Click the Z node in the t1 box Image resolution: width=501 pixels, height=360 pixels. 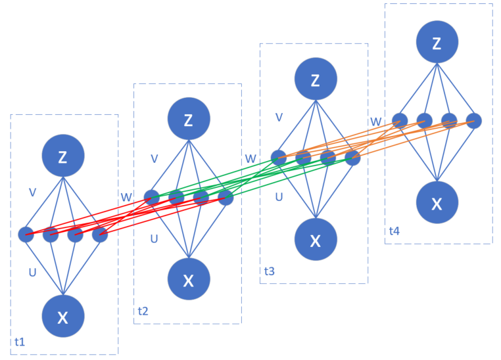tap(63, 157)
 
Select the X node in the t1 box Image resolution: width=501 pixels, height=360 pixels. tap(63, 317)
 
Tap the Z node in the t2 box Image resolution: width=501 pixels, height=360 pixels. tap(189, 120)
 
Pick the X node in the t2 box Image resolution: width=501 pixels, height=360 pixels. tap(189, 281)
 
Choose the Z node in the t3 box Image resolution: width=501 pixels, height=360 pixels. tap(316, 81)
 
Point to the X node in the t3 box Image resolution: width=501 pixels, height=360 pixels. tap(316, 240)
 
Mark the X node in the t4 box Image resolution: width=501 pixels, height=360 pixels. tap(437, 203)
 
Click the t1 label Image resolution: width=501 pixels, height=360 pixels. tap(20, 342)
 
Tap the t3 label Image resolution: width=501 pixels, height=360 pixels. tap(269, 271)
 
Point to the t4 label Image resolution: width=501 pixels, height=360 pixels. tap(394, 231)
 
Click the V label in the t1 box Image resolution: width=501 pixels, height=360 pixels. tap(32, 192)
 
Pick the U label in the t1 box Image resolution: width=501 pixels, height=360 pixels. tap(32, 271)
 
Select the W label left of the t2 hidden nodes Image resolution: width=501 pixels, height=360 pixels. tap(126, 196)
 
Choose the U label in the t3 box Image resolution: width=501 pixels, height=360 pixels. tap(279, 196)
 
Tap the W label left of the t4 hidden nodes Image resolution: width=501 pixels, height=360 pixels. tap(376, 122)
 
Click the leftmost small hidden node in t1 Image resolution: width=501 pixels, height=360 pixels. tap(26, 234)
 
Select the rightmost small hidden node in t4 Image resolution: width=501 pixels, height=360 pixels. tap(474, 120)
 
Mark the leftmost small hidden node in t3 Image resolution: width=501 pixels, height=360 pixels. tap(279, 158)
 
